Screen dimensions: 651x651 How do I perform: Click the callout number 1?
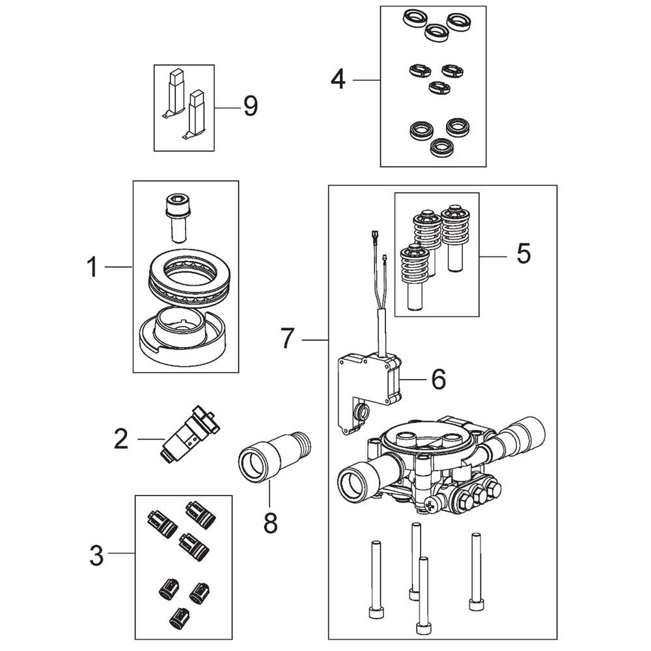(x=92, y=267)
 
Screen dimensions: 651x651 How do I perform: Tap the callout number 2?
(x=121, y=439)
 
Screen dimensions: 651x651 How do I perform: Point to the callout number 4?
(x=338, y=79)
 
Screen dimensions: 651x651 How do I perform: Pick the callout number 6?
(x=439, y=379)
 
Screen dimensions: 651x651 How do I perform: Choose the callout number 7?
(x=287, y=338)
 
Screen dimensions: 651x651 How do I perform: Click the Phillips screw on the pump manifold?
(x=432, y=505)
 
